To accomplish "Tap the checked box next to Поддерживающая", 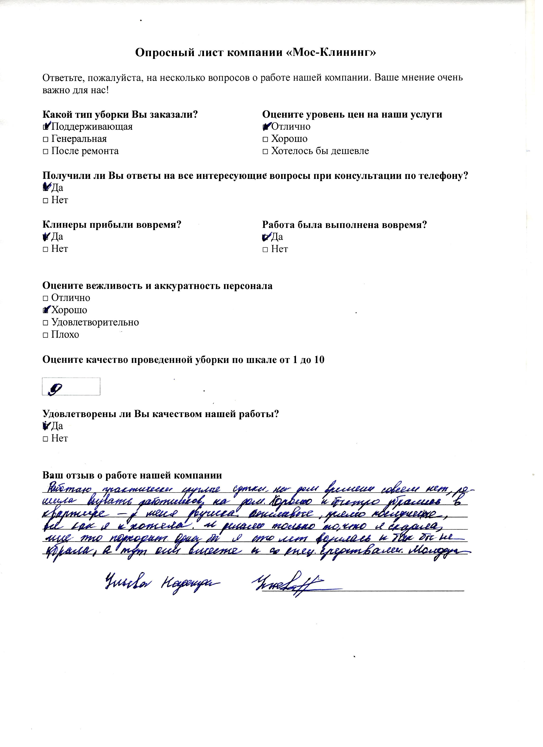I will (46, 127).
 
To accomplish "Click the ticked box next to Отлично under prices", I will (266, 127).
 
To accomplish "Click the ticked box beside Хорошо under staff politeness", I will (46, 311).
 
